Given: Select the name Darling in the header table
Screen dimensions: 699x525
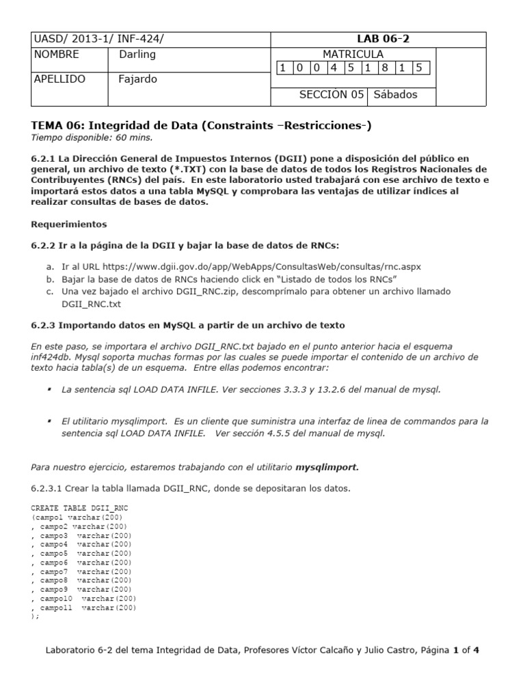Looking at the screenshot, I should pyautogui.click(x=137, y=55).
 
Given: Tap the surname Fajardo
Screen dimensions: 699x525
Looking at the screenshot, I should pyautogui.click(x=137, y=79).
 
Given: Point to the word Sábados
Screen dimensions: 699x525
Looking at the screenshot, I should pyautogui.click(x=394, y=95).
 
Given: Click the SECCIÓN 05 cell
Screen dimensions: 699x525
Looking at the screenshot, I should pyautogui.click(x=332, y=95).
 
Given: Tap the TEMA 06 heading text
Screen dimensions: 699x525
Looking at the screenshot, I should pyautogui.click(x=202, y=126).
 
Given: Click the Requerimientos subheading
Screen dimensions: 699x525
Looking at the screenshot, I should pyautogui.click(x=69, y=224).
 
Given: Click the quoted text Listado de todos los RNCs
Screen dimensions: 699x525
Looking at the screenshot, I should pyautogui.click(x=347, y=279).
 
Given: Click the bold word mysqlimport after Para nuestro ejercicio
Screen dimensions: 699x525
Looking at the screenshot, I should pyautogui.click(x=327, y=468).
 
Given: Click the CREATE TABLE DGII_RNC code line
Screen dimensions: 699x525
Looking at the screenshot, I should pyautogui.click(x=80, y=509).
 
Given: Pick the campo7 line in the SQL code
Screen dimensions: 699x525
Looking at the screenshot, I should pyautogui.click(x=84, y=571).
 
